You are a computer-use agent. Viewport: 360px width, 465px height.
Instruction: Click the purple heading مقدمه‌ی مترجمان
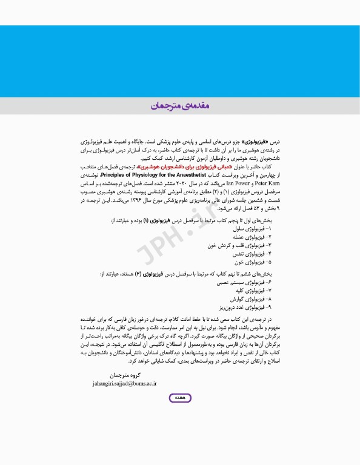tap(180, 106)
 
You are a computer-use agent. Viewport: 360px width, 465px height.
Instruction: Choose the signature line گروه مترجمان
tap(126, 375)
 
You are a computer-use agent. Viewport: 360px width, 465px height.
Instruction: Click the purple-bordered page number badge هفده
tap(179, 398)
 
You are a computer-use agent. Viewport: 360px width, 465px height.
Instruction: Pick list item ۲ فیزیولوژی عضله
tap(252, 238)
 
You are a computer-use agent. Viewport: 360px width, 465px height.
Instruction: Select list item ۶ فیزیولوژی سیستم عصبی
tap(243, 282)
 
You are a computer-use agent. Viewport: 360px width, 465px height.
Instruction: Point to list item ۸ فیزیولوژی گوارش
tap(251, 299)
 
